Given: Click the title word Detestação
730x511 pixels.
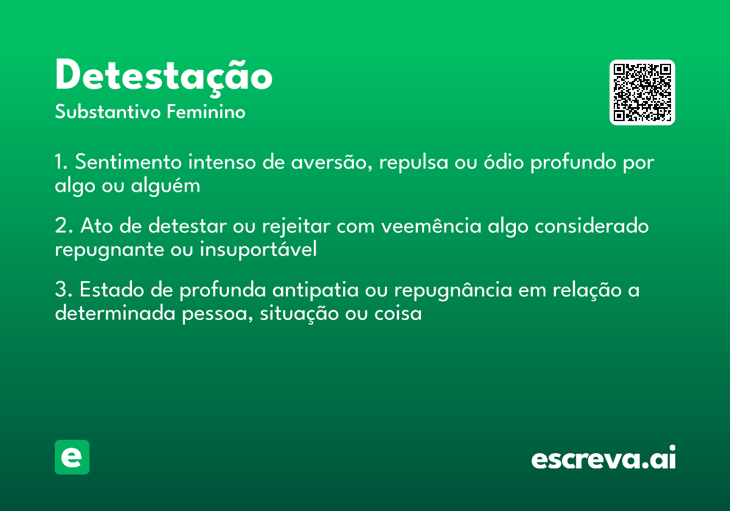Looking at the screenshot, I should [164, 77].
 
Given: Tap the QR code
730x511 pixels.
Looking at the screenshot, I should [642, 92].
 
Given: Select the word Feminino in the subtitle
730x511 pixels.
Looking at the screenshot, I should [206, 113].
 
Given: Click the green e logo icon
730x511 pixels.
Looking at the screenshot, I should [72, 457].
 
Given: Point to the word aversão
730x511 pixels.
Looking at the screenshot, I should [329, 163].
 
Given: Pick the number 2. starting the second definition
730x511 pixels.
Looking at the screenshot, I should [63, 226].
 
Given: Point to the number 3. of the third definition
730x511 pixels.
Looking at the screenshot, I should [63, 291].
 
